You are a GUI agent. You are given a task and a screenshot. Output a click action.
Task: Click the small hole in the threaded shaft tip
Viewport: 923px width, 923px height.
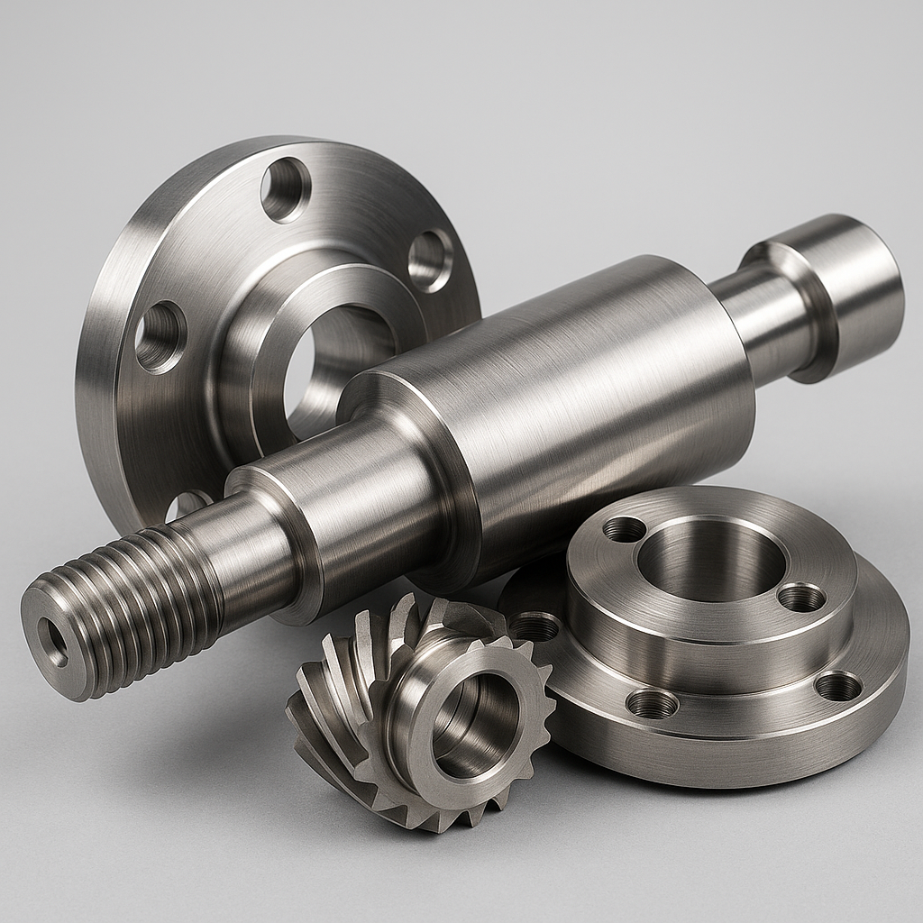click(53, 642)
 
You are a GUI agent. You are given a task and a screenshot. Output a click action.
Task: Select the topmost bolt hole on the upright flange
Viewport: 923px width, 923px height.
click(286, 188)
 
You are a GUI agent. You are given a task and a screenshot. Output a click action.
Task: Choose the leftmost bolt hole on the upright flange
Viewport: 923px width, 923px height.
click(160, 336)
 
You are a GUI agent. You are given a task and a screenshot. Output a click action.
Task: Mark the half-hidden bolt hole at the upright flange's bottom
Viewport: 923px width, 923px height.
click(189, 505)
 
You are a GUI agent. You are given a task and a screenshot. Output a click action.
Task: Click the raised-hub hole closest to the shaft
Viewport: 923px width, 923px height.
click(624, 529)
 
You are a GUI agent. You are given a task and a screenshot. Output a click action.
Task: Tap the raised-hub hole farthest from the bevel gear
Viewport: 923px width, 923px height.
click(800, 597)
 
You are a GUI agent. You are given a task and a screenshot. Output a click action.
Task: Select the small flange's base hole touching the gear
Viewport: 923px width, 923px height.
click(534, 626)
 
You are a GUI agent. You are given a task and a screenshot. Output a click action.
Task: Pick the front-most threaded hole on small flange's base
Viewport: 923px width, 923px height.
click(652, 703)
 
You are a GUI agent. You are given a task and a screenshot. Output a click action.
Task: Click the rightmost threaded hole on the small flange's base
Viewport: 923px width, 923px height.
click(838, 687)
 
